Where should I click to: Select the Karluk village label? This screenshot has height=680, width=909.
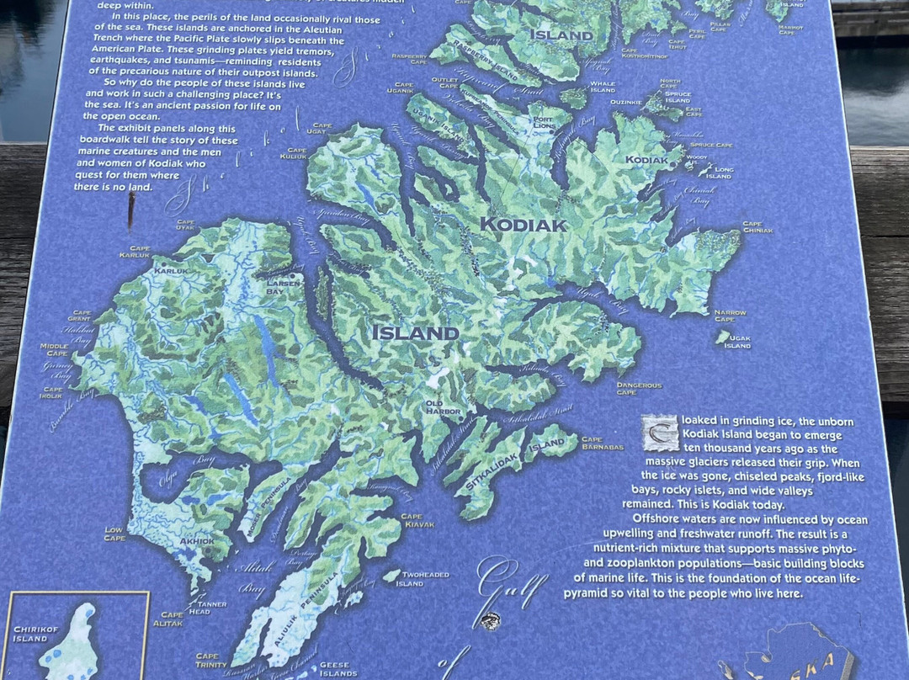(170, 271)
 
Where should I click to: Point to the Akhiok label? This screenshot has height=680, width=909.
(196, 541)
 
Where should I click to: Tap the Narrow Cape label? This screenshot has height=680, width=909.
(730, 316)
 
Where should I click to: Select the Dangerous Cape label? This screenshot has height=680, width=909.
(639, 389)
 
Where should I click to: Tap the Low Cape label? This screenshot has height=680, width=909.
(114, 533)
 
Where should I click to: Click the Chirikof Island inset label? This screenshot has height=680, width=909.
(35, 633)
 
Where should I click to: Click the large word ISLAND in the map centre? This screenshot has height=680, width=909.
(416, 333)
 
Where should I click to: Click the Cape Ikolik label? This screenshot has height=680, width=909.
(53, 392)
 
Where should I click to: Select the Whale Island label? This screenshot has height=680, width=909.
(603, 87)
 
